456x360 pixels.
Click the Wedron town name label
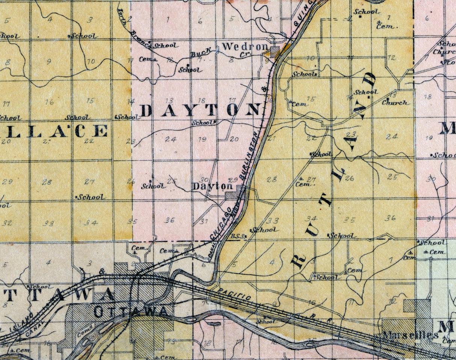pos(245,47)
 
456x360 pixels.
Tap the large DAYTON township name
pos(200,110)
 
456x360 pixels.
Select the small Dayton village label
pos(207,186)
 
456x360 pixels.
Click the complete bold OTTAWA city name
pos(131,312)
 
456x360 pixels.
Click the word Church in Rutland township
pos(394,102)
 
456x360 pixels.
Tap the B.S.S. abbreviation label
pos(238,236)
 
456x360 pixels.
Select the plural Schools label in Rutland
pos(304,74)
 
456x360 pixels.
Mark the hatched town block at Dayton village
pos(234,195)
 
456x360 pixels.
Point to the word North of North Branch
pos(122,17)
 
